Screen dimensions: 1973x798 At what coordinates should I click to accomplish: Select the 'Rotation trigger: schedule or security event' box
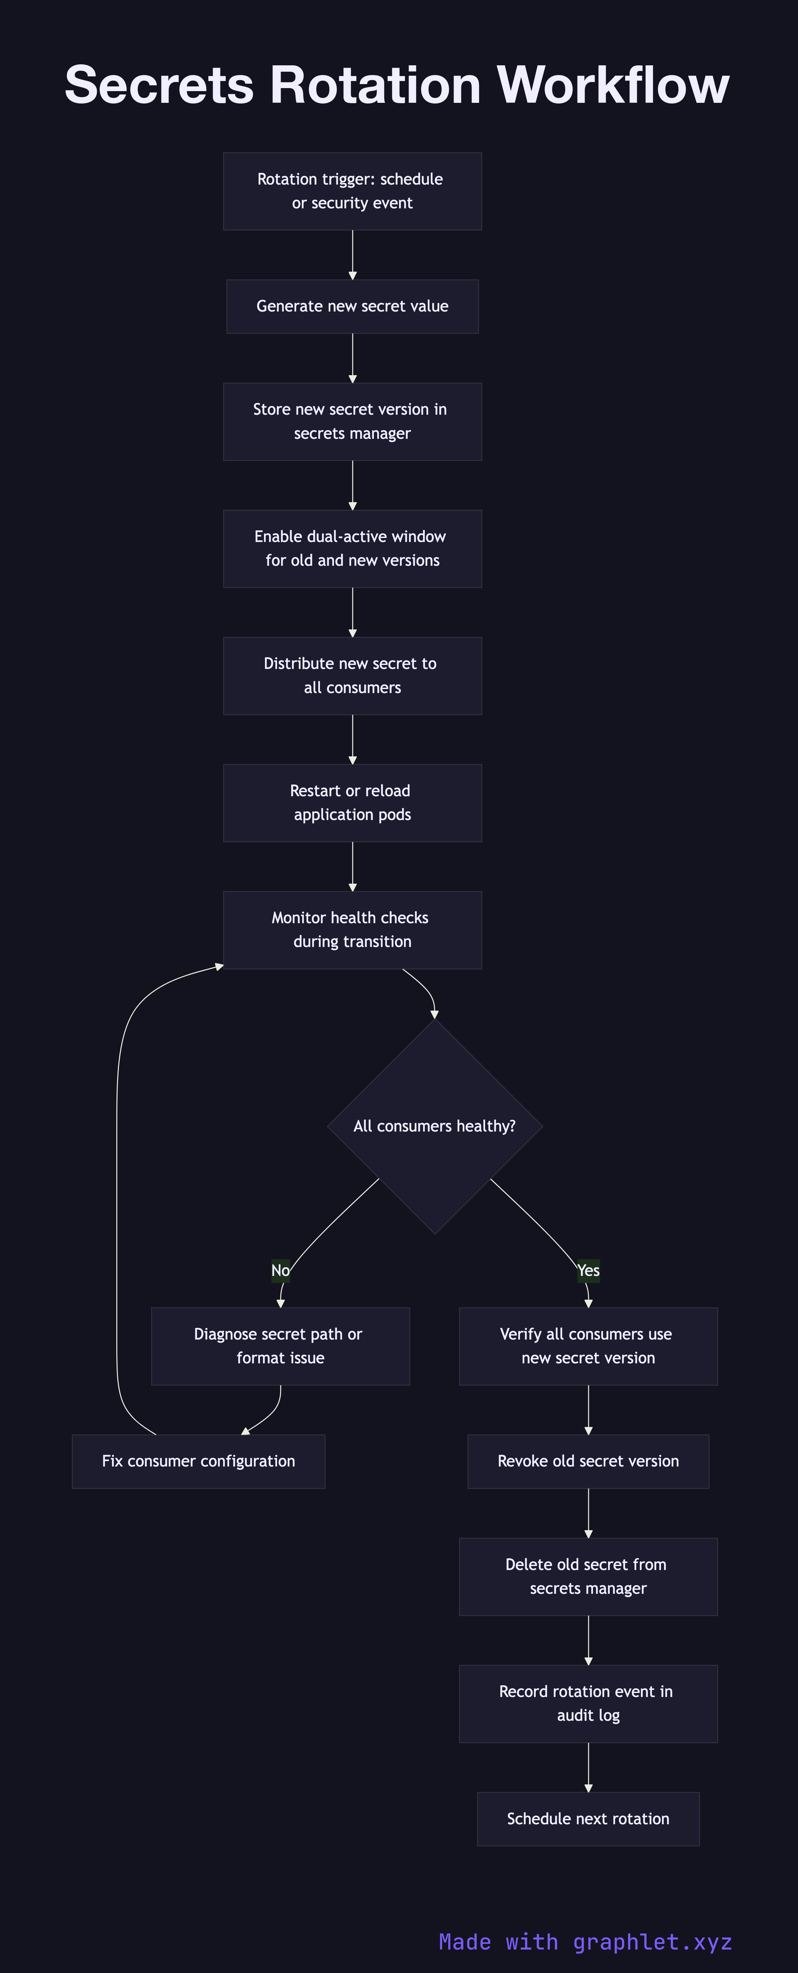(352, 191)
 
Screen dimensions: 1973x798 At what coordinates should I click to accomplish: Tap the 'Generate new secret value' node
(352, 307)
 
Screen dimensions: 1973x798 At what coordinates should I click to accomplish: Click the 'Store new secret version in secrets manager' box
(352, 421)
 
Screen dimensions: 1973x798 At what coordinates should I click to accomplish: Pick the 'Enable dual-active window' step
(352, 548)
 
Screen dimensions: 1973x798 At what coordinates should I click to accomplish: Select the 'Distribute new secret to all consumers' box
(352, 676)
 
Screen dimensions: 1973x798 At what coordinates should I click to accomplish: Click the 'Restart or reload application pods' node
(352, 803)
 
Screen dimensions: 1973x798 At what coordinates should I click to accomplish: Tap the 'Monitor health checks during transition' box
(352, 930)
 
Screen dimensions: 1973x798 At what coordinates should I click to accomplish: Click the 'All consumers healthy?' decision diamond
(434, 1126)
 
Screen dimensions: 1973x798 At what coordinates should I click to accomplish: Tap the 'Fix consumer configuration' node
(198, 1461)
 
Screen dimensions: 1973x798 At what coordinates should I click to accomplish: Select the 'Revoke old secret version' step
(588, 1461)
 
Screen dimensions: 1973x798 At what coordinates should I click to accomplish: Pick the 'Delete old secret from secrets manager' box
(588, 1576)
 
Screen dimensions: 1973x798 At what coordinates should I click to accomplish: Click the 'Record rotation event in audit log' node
(588, 1703)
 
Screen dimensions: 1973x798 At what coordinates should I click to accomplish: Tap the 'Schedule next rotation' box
(588, 1819)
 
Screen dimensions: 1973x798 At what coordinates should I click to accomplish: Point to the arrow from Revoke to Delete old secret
(588, 1513)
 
